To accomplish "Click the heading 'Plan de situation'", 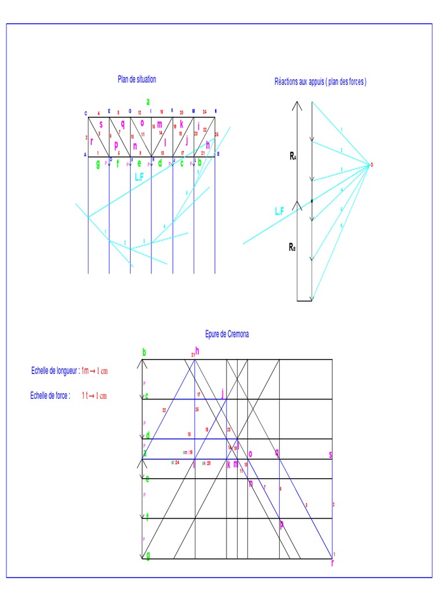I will pyautogui.click(x=137, y=80).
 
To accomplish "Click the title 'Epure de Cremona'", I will pyautogui.click(x=227, y=334).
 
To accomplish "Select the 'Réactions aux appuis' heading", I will pyautogui.click(x=320, y=82).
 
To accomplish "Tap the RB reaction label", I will pyautogui.click(x=293, y=247).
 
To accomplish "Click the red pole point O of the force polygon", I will pyautogui.click(x=372, y=165).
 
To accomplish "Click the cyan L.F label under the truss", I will pyautogui.click(x=139, y=177).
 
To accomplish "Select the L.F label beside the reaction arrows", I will pyautogui.click(x=279, y=212).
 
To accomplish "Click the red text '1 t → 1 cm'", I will pyautogui.click(x=94, y=395).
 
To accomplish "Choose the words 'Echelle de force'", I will pyautogui.click(x=50, y=395).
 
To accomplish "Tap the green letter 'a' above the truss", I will pyautogui.click(x=148, y=101).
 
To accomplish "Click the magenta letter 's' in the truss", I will pyautogui.click(x=101, y=123).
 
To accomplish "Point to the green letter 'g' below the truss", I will pyautogui.click(x=98, y=164).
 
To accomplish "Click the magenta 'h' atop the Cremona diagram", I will pyautogui.click(x=197, y=350).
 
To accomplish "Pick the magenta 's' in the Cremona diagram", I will pyautogui.click(x=331, y=455).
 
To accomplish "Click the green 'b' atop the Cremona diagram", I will pyautogui.click(x=144, y=352).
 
